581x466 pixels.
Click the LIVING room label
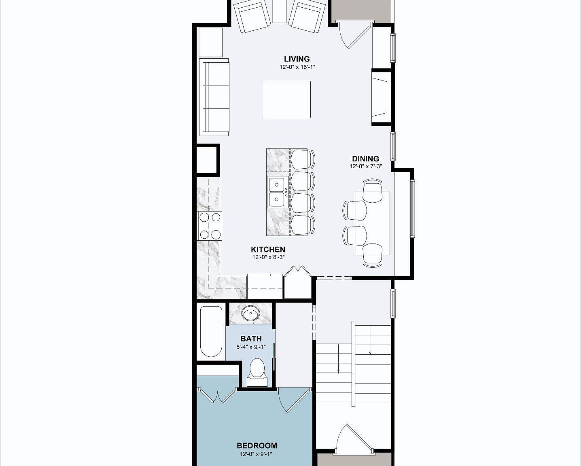click(x=297, y=59)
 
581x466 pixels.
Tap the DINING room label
click(x=365, y=159)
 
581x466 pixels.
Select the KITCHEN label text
click(x=268, y=250)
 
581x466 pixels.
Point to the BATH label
click(x=251, y=339)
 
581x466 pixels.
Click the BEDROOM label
click(x=257, y=445)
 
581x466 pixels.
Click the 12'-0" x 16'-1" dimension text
click(x=297, y=67)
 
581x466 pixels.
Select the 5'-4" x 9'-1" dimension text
click(x=251, y=347)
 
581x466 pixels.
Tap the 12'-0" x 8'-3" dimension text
click(x=268, y=257)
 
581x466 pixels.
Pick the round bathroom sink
click(x=251, y=313)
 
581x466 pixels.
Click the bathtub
click(x=211, y=331)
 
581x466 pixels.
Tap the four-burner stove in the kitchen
click(x=210, y=226)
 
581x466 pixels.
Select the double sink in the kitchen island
click(x=277, y=192)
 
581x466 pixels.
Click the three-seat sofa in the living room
click(x=214, y=97)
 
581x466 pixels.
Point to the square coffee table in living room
click(x=287, y=100)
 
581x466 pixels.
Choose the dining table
click(x=372, y=223)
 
